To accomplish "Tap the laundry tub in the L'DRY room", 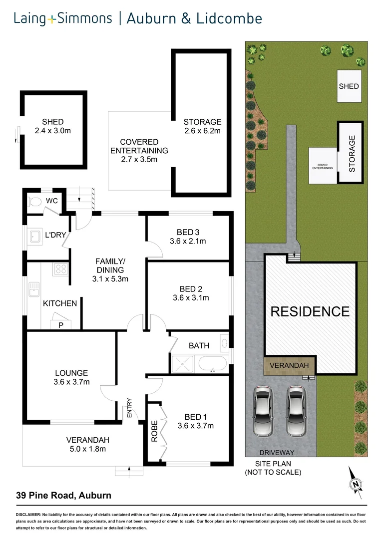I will [35, 236].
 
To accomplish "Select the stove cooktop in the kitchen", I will [61, 269].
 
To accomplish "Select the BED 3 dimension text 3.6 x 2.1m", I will [188, 241].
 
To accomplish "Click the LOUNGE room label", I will [71, 373].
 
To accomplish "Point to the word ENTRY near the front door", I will [130, 408].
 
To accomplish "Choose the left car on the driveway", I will [263, 411].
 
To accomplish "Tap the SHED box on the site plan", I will [349, 86].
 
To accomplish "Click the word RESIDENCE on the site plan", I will [310, 312].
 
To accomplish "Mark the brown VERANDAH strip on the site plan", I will [289, 366].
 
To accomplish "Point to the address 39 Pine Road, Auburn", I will [62, 496].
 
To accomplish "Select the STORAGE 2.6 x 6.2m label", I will [202, 126].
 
